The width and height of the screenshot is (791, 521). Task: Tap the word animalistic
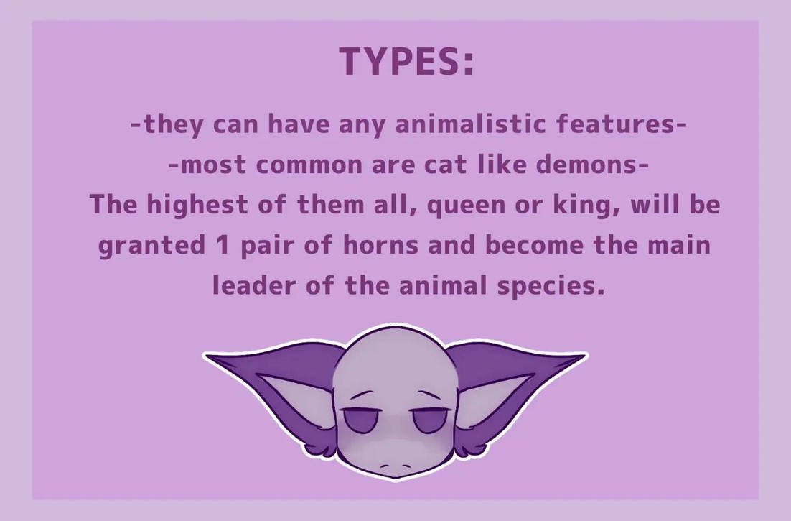pyautogui.click(x=470, y=124)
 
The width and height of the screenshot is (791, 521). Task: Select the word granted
pyautogui.click(x=151, y=246)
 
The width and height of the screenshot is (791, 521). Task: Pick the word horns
pyautogui.click(x=381, y=245)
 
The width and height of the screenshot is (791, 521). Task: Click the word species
pyautogui.click(x=551, y=286)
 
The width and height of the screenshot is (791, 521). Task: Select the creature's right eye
pyautogui.click(x=429, y=420)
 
